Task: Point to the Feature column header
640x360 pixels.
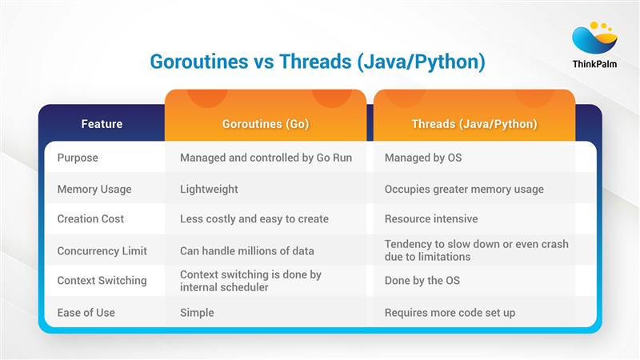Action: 102,124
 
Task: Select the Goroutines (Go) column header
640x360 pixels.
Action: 265,124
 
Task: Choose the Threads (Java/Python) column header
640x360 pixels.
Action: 474,124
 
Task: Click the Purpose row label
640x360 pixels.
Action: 78,158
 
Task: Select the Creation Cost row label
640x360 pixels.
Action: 90,219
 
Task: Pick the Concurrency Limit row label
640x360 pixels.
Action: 102,250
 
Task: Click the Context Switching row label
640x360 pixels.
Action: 102,281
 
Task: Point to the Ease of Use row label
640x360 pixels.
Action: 86,312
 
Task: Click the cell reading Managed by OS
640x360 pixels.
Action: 422,158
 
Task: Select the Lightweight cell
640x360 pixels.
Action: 209,189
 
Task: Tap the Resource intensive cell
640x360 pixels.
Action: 430,219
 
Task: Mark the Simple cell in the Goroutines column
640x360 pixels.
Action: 197,312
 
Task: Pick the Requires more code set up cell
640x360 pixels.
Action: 450,312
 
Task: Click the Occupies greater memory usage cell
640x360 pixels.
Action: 464,189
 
